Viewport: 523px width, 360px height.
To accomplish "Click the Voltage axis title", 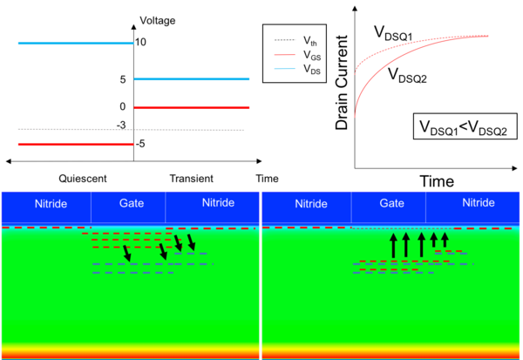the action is pyautogui.click(x=158, y=21).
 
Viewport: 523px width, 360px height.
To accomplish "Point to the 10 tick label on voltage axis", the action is pyautogui.click(x=140, y=42).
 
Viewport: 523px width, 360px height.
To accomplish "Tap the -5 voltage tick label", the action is pyautogui.click(x=140, y=144).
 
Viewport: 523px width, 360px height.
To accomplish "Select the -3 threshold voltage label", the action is pyautogui.click(x=121, y=126).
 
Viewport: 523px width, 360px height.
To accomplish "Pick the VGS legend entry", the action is pyautogui.click(x=297, y=54).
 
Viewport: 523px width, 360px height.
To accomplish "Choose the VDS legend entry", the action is pyautogui.click(x=297, y=69).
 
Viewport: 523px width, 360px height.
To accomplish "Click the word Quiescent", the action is pyautogui.click(x=83, y=179).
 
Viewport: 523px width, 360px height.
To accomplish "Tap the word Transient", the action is pyautogui.click(x=192, y=179).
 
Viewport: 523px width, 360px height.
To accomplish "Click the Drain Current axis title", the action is pyautogui.click(x=342, y=83).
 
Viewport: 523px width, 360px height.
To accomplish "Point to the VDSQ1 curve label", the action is pyautogui.click(x=393, y=33).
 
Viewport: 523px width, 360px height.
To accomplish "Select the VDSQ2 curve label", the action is pyautogui.click(x=407, y=75).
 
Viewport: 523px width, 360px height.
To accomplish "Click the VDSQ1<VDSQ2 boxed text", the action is pyautogui.click(x=465, y=126).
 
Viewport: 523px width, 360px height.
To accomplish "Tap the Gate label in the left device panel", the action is pyautogui.click(x=132, y=203).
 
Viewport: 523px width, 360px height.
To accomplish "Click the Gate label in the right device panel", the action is pyautogui.click(x=392, y=203).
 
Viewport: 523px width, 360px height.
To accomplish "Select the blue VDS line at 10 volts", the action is pyautogui.click(x=76, y=43).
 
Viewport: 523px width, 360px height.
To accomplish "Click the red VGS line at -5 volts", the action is pyautogui.click(x=76, y=145).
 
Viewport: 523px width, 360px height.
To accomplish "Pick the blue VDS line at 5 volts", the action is pyautogui.click(x=192, y=79).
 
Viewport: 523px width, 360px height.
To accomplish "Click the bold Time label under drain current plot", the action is pyautogui.click(x=437, y=181).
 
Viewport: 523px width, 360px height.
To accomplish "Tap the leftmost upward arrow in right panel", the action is pyautogui.click(x=394, y=245).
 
